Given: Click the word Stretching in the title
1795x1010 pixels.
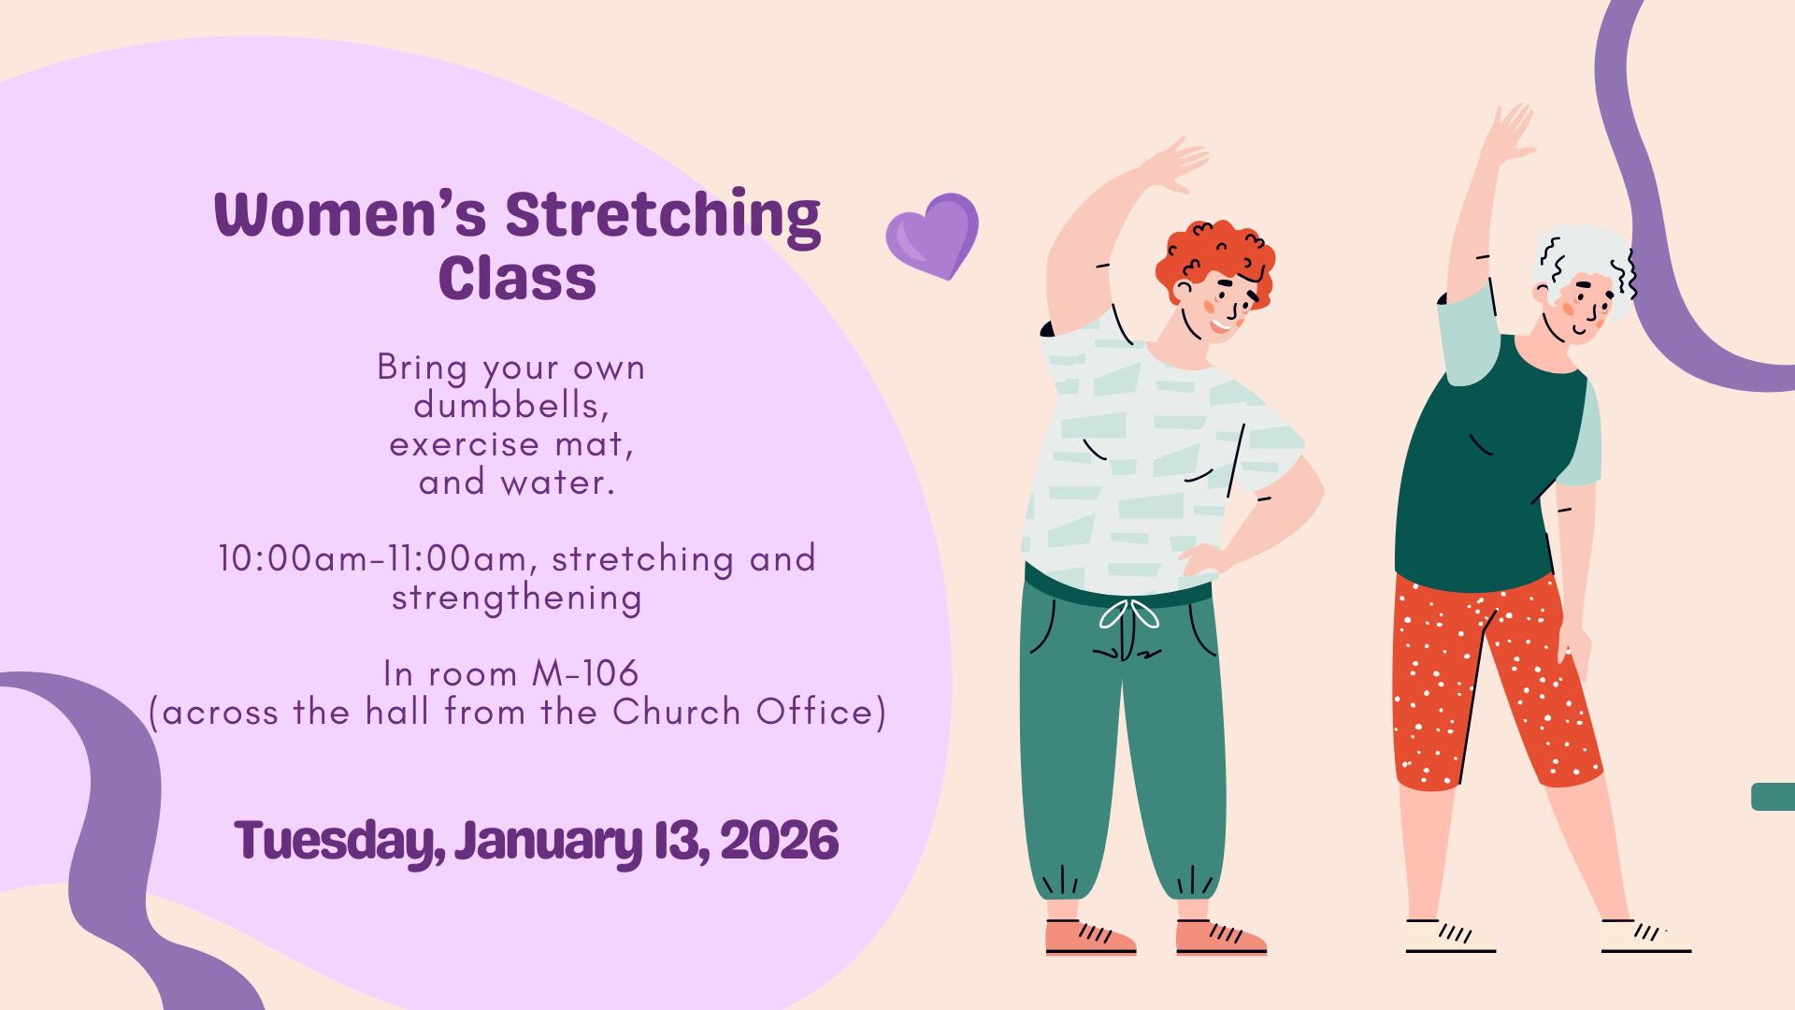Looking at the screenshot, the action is pos(663,217).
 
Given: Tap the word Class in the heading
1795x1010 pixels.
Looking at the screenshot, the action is pos(517,279).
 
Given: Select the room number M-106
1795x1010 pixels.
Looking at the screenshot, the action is pos(585,673).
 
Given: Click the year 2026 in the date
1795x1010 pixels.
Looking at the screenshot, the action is pos(779,840).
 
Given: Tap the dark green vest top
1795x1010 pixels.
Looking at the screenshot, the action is pos(1486,468).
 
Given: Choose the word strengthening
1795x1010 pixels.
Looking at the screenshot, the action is pos(517,599).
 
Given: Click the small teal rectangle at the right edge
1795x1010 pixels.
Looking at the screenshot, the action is pos(1773,797).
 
